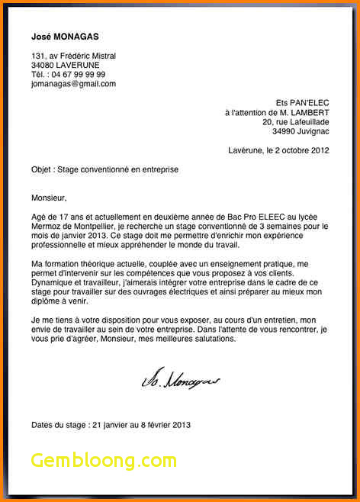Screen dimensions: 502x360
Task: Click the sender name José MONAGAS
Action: pos(65,37)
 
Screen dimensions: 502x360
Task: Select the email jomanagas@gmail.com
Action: pos(73,84)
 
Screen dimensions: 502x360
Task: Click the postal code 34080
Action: pos(43,66)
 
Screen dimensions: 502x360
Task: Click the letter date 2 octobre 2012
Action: pos(301,150)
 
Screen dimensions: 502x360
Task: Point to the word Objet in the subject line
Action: pos(41,169)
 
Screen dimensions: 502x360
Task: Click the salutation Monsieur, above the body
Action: pos(50,198)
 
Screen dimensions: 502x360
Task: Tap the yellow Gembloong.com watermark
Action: pos(104,460)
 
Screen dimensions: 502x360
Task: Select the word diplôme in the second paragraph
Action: pos(47,301)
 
